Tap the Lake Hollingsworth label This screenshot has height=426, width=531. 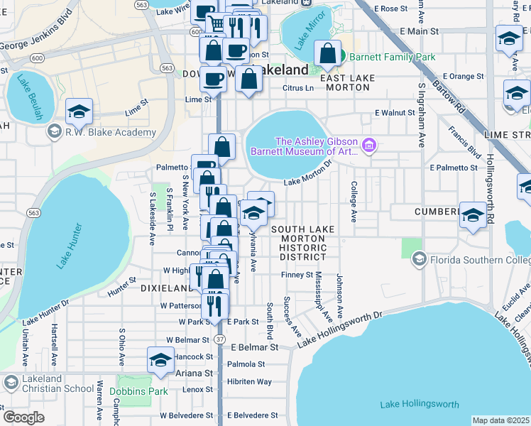(x=419, y=404)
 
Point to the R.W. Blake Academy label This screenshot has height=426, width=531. (x=110, y=132)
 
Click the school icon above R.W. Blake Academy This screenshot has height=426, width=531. (x=79, y=111)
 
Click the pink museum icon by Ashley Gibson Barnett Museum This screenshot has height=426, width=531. (x=368, y=146)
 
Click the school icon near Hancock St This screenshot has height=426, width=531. (x=161, y=359)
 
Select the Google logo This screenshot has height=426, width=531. (x=23, y=417)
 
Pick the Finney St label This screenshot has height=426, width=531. (x=297, y=275)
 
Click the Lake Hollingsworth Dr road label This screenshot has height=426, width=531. (x=339, y=329)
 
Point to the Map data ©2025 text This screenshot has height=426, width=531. (x=500, y=420)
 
